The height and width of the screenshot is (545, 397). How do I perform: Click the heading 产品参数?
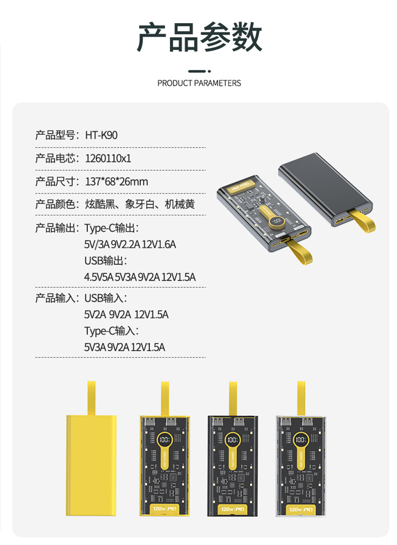pos(200,38)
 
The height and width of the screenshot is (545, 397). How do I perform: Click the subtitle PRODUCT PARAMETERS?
pos(199,83)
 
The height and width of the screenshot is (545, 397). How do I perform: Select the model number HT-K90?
pos(101,135)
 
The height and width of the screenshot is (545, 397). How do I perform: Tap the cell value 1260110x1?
pos(108,159)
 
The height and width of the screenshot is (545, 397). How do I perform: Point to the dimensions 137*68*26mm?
pos(116,182)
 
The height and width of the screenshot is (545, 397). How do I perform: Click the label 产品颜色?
pos(55,205)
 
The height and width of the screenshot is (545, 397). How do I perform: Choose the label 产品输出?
pos(55,229)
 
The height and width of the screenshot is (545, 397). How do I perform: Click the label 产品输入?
pos(55,298)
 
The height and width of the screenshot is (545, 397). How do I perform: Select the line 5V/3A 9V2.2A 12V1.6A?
pos(130,245)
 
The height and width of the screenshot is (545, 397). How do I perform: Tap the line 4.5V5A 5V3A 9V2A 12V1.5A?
pos(140,277)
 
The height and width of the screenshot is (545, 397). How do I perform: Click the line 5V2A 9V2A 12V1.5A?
pos(126,315)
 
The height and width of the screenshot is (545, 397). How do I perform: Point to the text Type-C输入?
pos(111,331)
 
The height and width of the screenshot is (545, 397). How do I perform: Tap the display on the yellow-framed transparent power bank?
pos(164,440)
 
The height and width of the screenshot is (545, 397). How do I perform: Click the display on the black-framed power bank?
pos(232,440)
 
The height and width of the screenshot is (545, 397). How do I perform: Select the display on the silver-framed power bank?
pos(301,440)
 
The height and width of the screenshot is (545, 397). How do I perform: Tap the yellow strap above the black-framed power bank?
pos(233,399)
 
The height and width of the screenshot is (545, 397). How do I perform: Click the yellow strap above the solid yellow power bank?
pos(92,397)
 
